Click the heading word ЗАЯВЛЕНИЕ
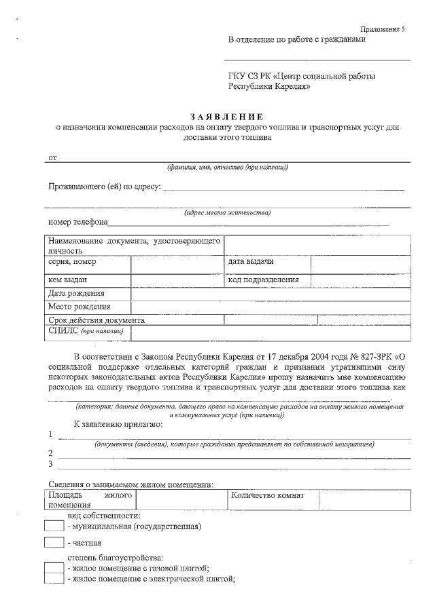227,117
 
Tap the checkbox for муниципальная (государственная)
54,526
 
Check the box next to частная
54,543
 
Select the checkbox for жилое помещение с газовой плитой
54,568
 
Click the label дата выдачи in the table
251,262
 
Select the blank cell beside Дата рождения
271,294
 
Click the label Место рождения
80,307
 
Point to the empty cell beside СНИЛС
271,332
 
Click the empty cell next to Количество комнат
364,500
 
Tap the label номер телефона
77,222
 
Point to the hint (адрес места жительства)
227,212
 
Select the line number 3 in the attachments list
50,464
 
